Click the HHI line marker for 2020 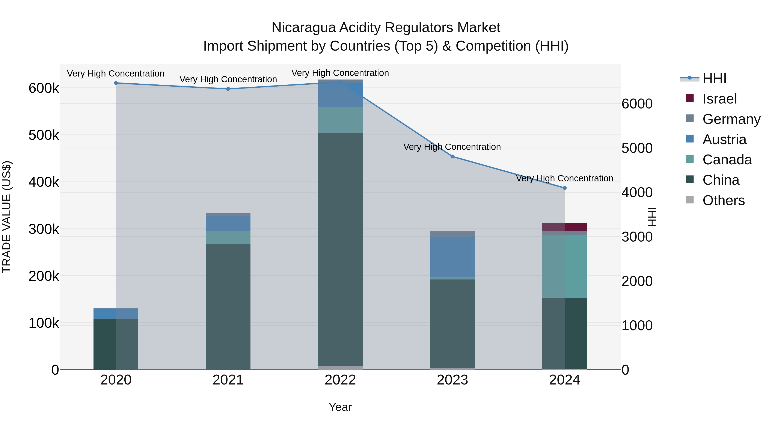(116, 83)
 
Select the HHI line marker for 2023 (452, 157)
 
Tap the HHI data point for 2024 (565, 188)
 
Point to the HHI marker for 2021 (228, 89)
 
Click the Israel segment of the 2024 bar (565, 227)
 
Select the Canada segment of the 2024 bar (565, 267)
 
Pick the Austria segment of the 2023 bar (452, 257)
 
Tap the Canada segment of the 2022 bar (340, 120)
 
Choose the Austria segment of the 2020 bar (116, 314)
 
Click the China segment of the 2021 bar (228, 307)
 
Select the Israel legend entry (719, 99)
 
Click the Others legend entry (723, 200)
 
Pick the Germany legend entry (731, 119)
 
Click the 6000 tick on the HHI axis (637, 104)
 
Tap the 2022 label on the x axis (340, 380)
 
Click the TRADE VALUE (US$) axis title (7, 217)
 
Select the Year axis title (340, 407)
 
